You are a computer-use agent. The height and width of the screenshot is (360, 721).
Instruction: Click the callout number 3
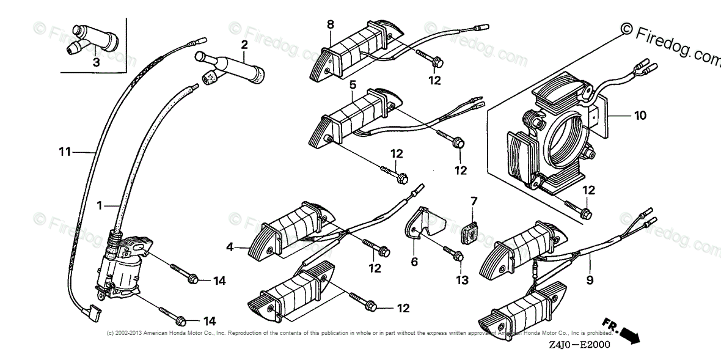click(96, 62)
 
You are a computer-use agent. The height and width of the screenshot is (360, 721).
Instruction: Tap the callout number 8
click(330, 24)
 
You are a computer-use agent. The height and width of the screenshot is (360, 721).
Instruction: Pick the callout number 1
click(99, 207)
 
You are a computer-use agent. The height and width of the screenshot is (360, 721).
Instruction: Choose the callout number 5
click(353, 84)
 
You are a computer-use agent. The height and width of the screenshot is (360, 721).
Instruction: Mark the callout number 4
click(230, 248)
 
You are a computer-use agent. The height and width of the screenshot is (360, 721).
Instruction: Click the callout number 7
click(473, 200)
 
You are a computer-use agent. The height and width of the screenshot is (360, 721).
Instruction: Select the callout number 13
click(462, 280)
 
